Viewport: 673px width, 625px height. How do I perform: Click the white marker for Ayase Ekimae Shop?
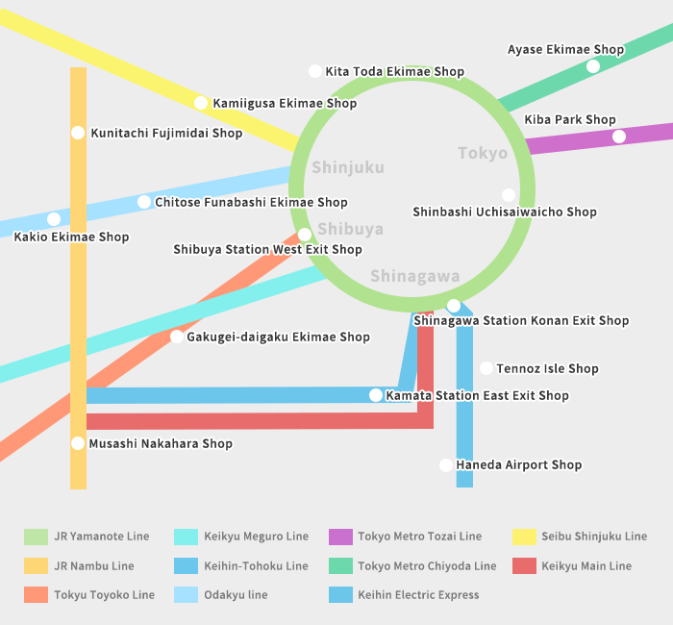pyautogui.click(x=593, y=66)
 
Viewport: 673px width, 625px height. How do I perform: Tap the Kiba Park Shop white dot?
pyautogui.click(x=618, y=137)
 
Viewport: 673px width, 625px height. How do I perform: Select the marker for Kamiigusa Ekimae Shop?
pyautogui.click(x=200, y=103)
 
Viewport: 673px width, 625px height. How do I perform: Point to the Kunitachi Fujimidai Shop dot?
pyautogui.click(x=78, y=133)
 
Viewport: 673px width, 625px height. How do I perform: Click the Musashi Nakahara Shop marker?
pyautogui.click(x=78, y=443)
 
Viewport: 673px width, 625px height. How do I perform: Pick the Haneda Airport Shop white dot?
pyautogui.click(x=446, y=464)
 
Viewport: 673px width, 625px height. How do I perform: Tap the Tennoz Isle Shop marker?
pyautogui.click(x=486, y=368)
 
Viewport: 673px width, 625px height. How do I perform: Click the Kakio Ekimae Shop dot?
pyautogui.click(x=54, y=219)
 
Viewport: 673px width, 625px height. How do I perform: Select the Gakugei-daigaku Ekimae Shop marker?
pyautogui.click(x=176, y=337)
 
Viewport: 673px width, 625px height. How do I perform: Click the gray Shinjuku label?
pyautogui.click(x=348, y=167)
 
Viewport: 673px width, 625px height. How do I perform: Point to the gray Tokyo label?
pyautogui.click(x=483, y=153)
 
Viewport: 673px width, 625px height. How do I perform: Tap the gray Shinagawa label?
pyautogui.click(x=415, y=277)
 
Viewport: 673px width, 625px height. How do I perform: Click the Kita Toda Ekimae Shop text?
pyautogui.click(x=395, y=71)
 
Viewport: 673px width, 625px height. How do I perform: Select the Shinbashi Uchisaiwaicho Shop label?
pyautogui.click(x=505, y=212)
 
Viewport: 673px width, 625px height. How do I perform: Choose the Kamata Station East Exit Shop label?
pyautogui.click(x=477, y=395)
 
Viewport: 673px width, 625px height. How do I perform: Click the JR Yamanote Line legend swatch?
pyautogui.click(x=37, y=537)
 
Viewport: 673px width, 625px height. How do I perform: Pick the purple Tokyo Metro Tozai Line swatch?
pyautogui.click(x=340, y=537)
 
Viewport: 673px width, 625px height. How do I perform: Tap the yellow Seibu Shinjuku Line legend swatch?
pyautogui.click(x=525, y=537)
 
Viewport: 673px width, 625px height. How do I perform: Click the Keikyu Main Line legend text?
pyautogui.click(x=586, y=566)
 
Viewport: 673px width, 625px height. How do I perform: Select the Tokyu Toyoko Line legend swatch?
pyautogui.click(x=37, y=595)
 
